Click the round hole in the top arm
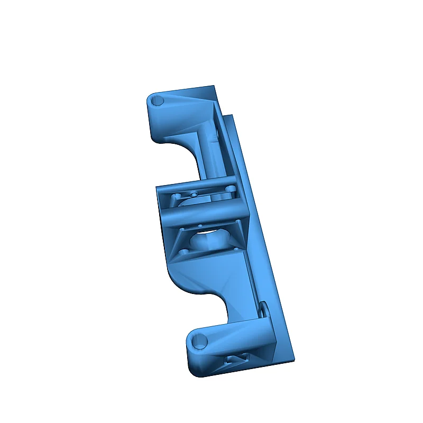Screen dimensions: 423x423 pos(158,100)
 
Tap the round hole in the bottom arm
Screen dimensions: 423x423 pos(200,342)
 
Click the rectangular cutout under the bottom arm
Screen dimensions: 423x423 pos(236,359)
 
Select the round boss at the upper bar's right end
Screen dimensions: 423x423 pos(231,188)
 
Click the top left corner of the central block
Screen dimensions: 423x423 pos(157,187)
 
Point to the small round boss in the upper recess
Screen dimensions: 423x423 pos(194,195)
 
